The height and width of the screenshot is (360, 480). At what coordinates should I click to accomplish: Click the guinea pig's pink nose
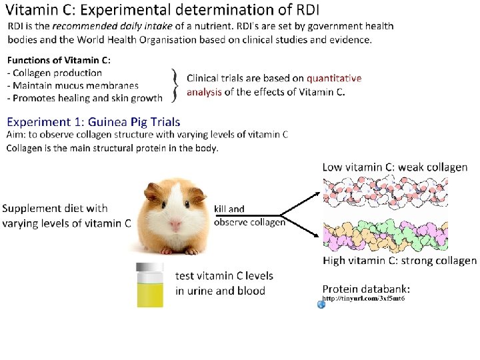point(175,225)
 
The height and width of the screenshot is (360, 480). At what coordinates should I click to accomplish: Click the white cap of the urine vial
point(149,269)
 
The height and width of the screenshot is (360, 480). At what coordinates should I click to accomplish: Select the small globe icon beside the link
point(321,304)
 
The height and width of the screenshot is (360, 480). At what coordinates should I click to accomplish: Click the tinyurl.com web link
point(363,298)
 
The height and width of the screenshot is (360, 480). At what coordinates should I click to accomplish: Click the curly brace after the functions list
point(175,85)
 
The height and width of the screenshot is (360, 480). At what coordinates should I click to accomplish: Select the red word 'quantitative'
point(334,79)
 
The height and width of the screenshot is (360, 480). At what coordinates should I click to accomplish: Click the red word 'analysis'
point(204,93)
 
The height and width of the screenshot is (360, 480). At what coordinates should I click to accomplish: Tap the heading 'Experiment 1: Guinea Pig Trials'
point(93,122)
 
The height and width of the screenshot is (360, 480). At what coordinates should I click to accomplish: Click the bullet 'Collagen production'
point(57,73)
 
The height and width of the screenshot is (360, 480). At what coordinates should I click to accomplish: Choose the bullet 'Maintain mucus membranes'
point(75,85)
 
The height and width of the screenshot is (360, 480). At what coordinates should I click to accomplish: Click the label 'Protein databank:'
point(366,289)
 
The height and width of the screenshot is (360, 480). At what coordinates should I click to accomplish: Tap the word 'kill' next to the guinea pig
point(221,209)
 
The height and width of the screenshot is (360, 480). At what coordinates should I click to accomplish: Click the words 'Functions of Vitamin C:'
point(59,61)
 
